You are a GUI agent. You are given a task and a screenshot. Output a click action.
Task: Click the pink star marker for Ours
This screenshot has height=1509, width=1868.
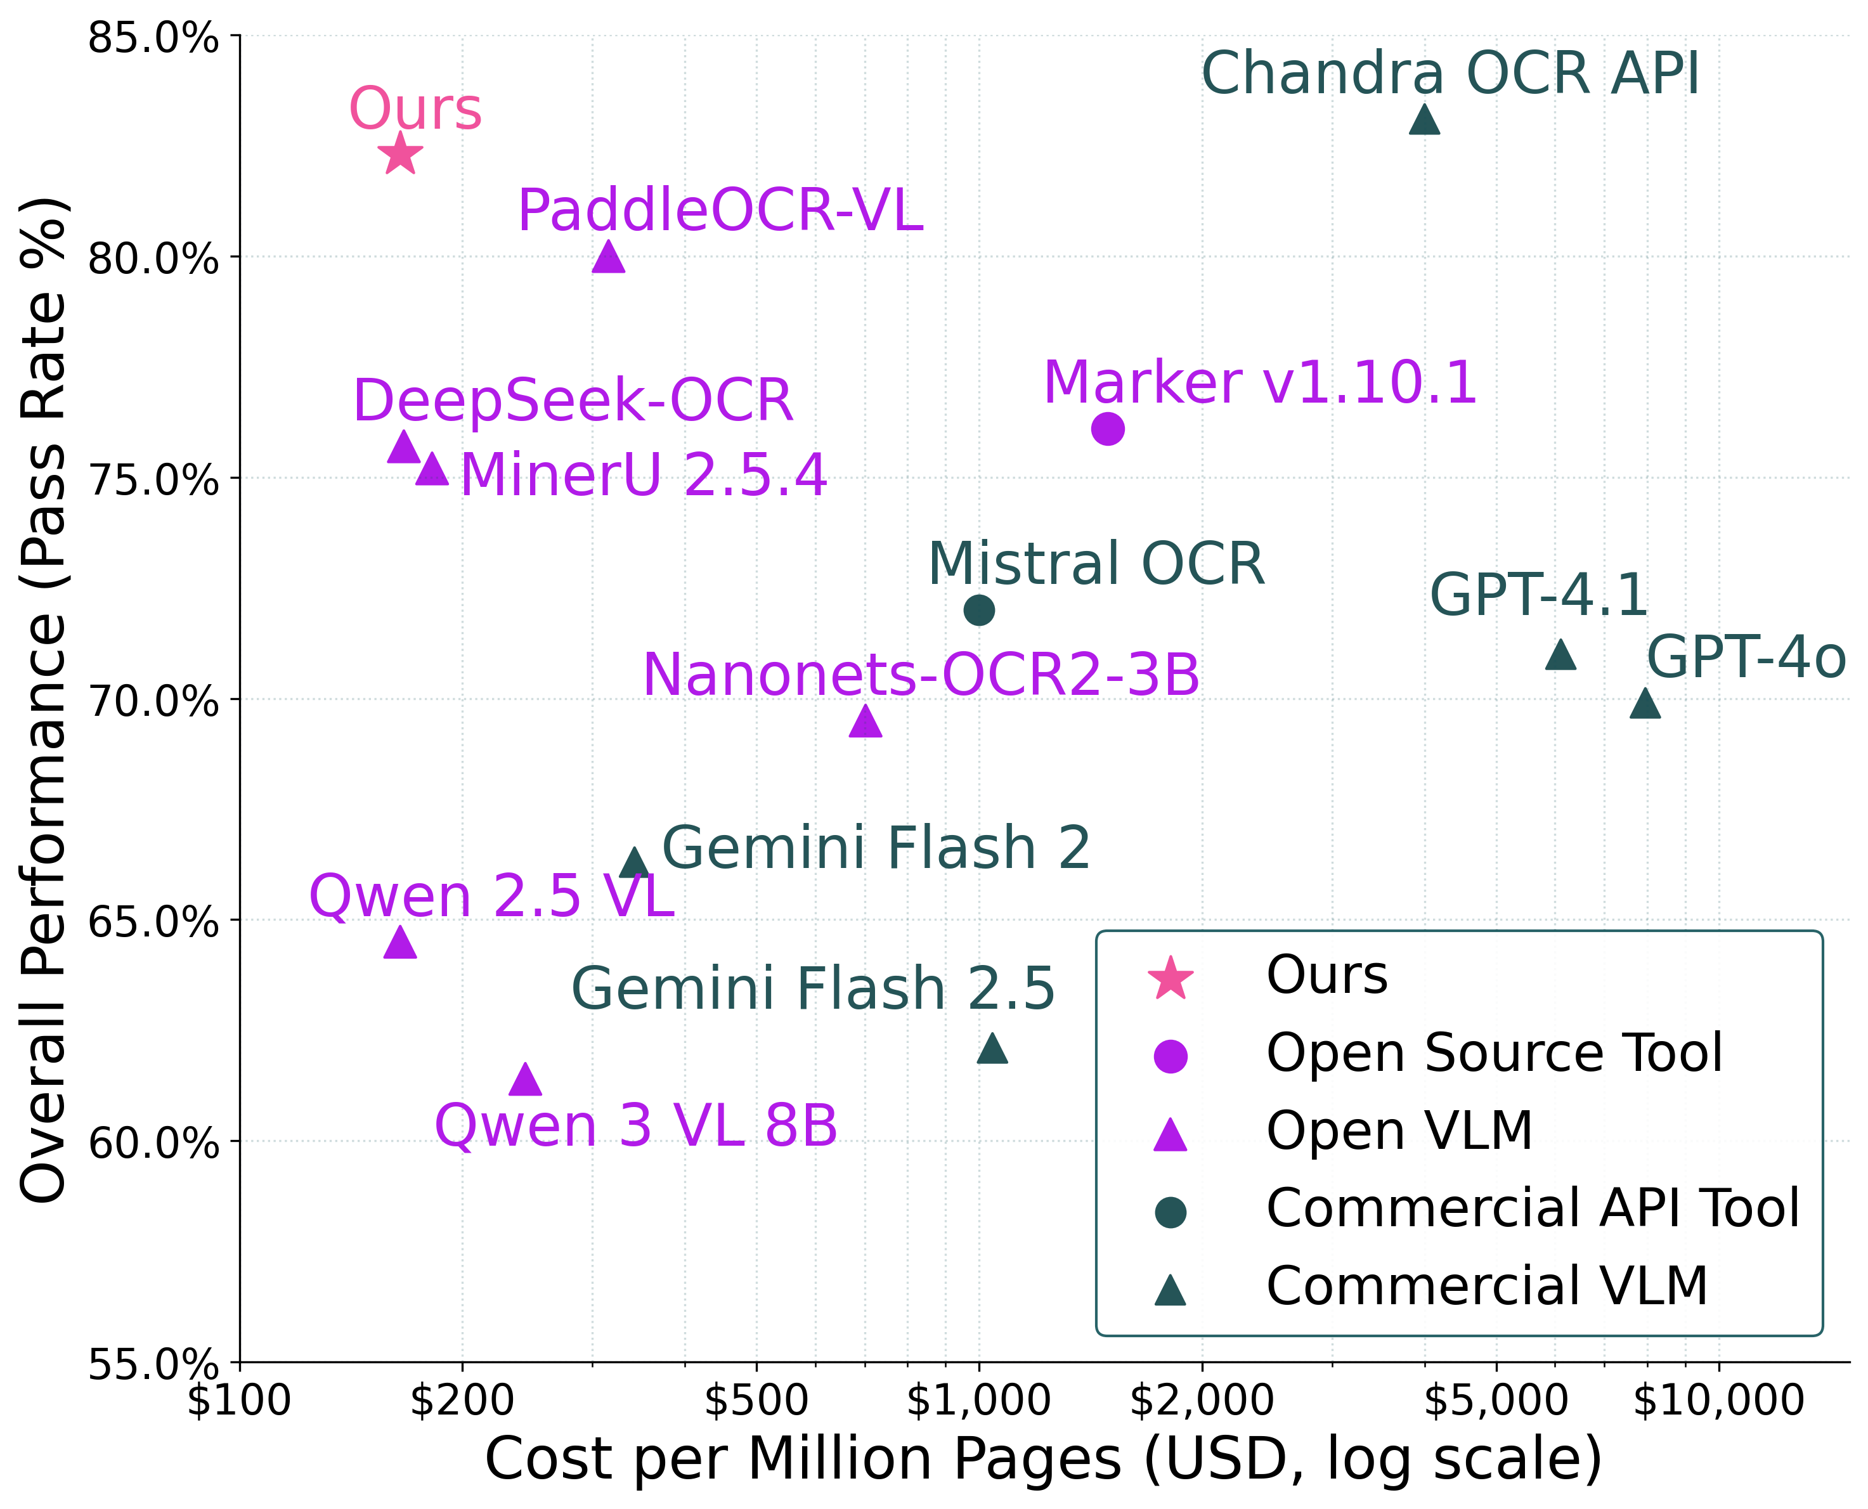[x=401, y=154]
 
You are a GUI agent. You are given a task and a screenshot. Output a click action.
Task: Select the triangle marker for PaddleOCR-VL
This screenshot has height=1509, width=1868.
[x=609, y=257]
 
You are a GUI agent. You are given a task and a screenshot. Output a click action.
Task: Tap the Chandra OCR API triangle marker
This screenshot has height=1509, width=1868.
[x=1424, y=119]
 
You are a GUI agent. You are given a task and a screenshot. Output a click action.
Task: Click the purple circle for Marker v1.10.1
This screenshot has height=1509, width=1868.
[x=1107, y=429]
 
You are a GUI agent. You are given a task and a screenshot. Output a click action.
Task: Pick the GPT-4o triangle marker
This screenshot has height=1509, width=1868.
[x=1645, y=703]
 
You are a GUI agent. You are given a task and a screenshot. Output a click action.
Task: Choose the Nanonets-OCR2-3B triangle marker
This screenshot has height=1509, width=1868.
[x=865, y=721]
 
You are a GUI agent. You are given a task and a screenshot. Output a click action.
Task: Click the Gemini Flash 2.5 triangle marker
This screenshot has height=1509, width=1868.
[x=992, y=1047]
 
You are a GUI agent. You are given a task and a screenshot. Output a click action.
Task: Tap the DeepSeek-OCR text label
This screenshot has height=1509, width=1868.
[x=573, y=401]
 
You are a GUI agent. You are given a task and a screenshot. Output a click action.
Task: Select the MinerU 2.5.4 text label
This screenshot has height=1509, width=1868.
[x=642, y=476]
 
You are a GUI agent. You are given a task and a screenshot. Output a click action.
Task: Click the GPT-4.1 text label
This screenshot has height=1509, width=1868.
[x=1538, y=595]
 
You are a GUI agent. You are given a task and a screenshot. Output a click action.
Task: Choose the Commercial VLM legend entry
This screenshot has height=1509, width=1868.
[x=1486, y=1286]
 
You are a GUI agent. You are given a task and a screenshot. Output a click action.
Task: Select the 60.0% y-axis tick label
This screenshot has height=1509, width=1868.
[x=153, y=1143]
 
